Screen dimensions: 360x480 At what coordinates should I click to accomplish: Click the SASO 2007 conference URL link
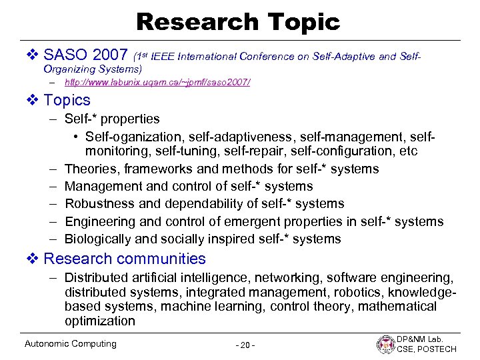pos(157,83)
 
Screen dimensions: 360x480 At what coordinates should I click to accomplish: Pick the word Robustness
pos(97,204)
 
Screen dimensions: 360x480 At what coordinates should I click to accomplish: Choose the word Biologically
pos(97,239)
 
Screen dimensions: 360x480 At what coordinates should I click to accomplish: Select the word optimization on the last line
pos(100,321)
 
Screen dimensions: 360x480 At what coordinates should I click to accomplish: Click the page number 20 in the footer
pos(245,345)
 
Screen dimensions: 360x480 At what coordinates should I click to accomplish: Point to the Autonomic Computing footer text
pos(70,344)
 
